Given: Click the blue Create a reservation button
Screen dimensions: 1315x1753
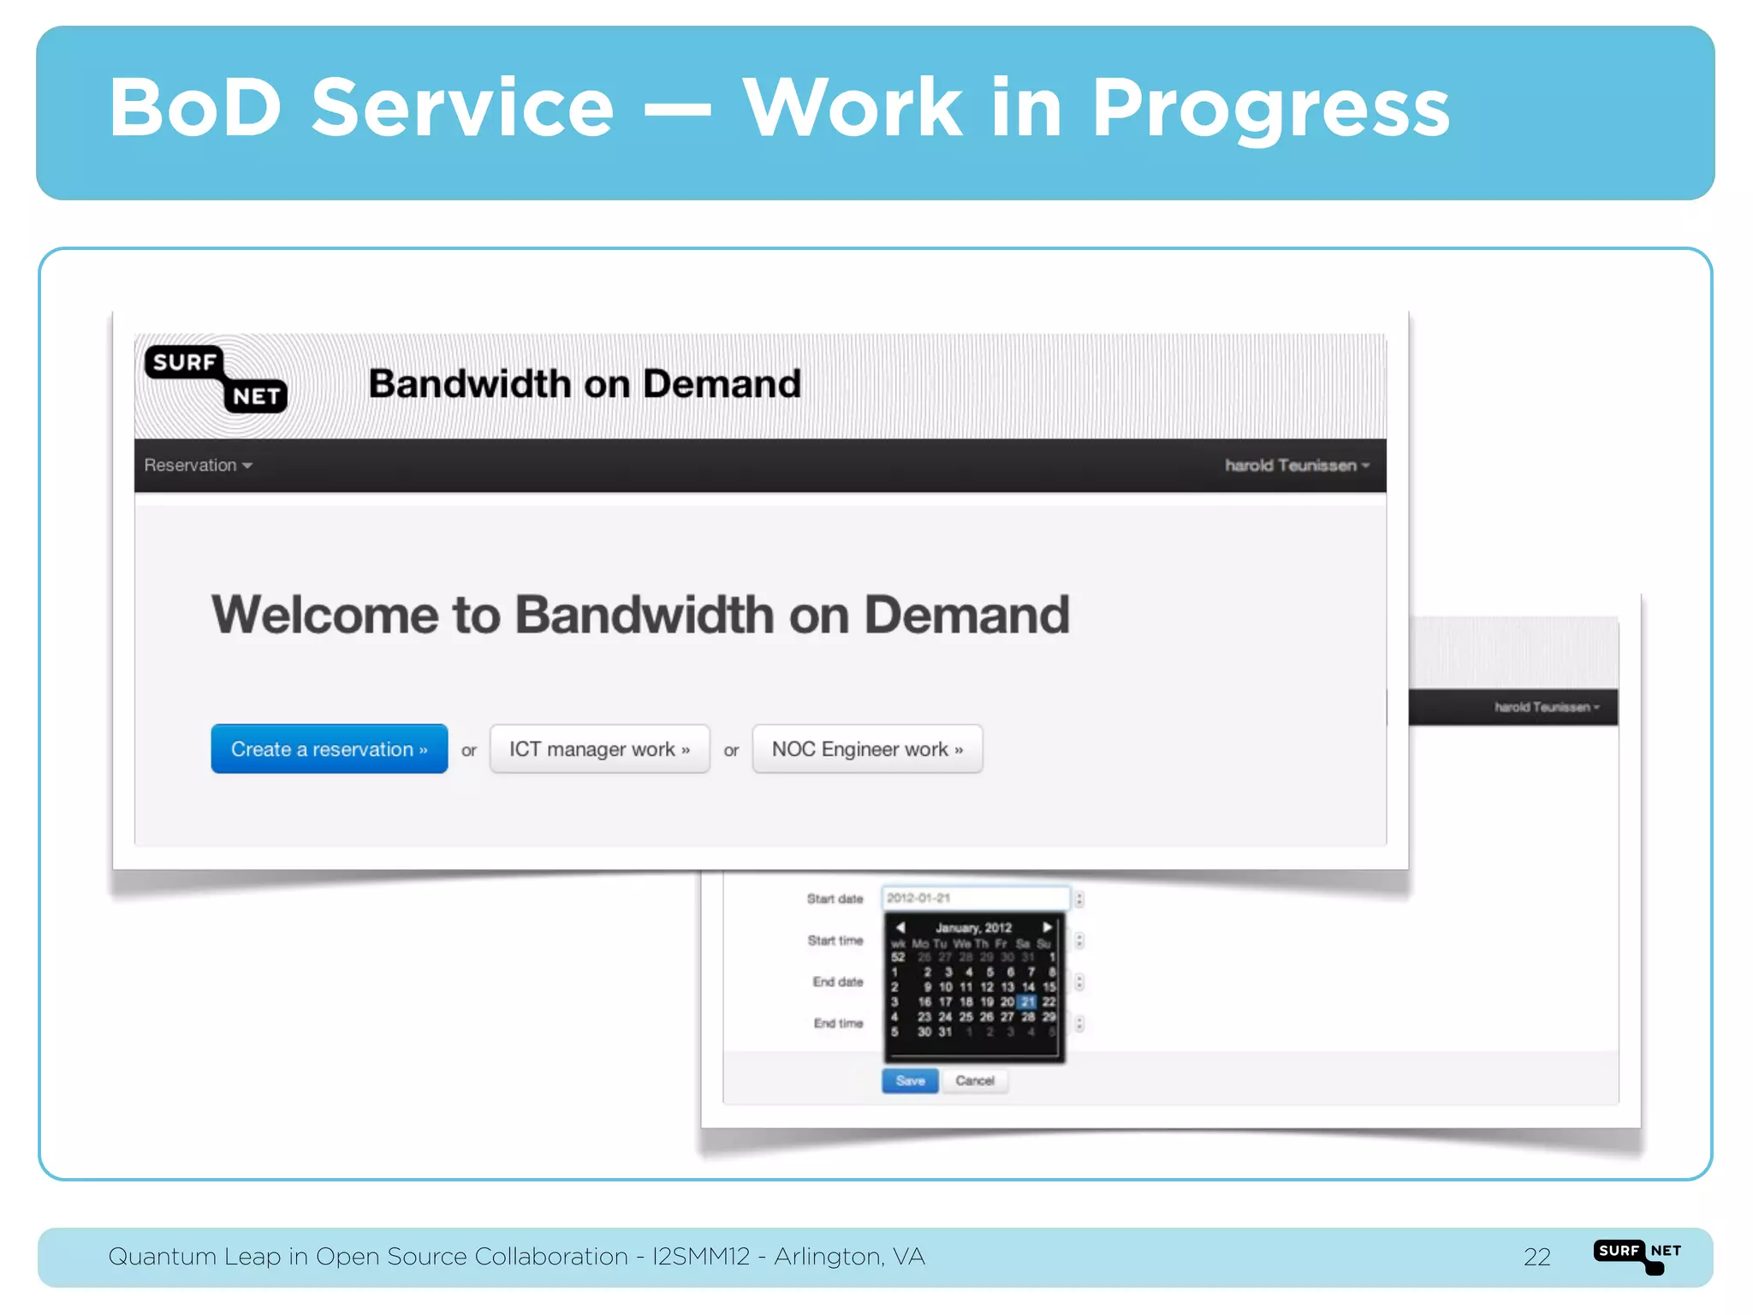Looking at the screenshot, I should [x=329, y=749].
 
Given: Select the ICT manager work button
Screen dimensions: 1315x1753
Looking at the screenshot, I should [x=599, y=749].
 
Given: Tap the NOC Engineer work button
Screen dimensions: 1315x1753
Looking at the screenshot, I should [x=867, y=749].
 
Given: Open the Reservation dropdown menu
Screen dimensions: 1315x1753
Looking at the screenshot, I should [x=198, y=465].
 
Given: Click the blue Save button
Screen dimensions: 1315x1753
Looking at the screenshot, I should [x=910, y=1080].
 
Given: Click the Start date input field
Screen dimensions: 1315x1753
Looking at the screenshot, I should [x=975, y=898].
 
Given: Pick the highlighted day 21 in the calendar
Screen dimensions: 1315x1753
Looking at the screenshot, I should [x=1028, y=1002].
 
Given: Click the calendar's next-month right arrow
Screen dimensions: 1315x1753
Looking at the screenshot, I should [x=1047, y=927].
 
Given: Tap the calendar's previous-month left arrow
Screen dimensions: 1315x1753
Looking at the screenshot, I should [x=900, y=927].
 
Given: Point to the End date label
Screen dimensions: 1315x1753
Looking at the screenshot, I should [x=837, y=982].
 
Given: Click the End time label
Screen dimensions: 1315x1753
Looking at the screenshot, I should [x=838, y=1023].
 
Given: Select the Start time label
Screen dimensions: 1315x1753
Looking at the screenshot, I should [x=835, y=940].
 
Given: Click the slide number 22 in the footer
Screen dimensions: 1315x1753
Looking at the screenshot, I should [x=1536, y=1257].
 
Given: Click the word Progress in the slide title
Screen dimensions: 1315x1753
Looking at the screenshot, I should [x=1270, y=109].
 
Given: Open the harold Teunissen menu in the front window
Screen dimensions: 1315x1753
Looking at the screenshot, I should [x=1297, y=465].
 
